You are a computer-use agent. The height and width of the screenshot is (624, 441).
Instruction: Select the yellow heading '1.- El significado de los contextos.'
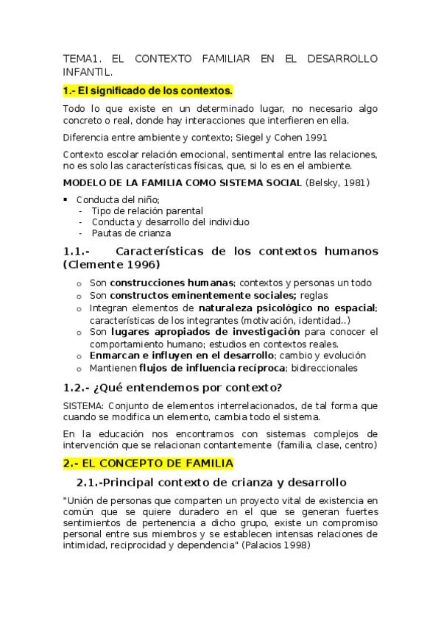[x=147, y=91]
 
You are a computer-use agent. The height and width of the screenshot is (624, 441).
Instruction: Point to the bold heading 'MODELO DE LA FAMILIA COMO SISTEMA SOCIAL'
[x=183, y=182]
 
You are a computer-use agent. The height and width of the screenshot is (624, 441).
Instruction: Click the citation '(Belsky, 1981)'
[x=339, y=182]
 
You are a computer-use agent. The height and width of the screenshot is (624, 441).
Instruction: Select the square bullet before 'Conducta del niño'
[x=67, y=199]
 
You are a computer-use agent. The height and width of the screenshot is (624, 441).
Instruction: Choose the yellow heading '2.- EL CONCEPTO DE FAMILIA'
[x=147, y=463]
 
